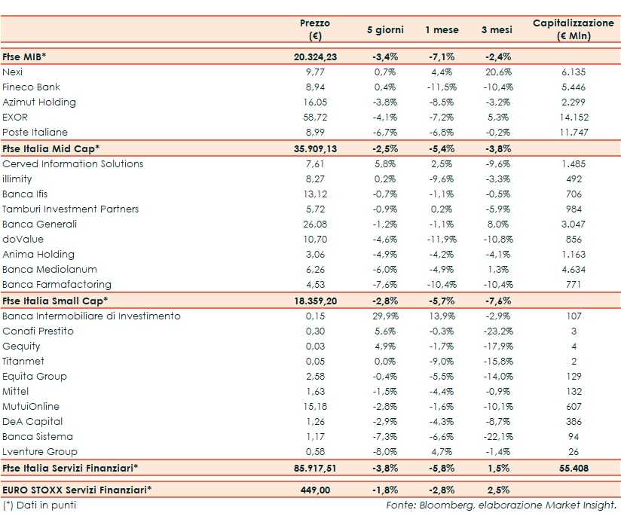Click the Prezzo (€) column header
coord(315,29)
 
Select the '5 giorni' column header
coord(385,30)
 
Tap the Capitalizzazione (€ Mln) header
coord(573,29)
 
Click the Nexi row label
coord(13,72)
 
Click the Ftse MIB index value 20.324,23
coord(315,56)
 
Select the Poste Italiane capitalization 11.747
coord(573,133)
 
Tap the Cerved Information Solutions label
coord(72,163)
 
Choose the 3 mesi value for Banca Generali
coord(497,224)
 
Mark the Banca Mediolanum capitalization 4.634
coord(573,269)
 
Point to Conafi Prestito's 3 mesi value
coord(497,331)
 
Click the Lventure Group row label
coord(40,451)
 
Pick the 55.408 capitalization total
coord(573,468)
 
